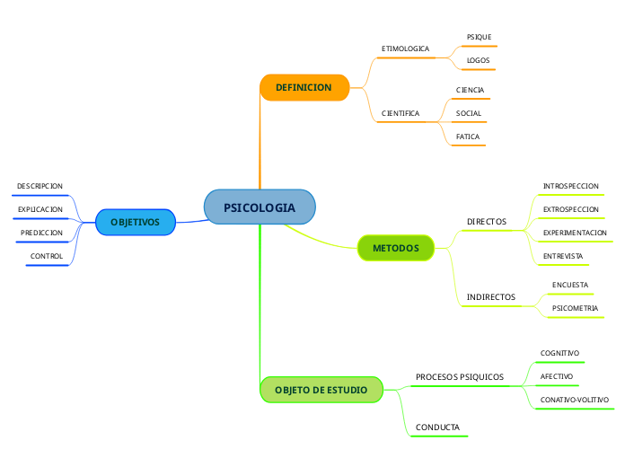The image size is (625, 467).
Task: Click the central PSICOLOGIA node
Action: click(259, 207)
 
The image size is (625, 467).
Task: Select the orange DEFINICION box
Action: click(304, 87)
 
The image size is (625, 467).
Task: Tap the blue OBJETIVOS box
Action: click(135, 222)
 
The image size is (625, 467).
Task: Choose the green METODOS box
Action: click(395, 247)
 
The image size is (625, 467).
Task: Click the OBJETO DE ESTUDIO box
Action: click(321, 390)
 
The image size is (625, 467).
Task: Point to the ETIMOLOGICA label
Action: click(405, 48)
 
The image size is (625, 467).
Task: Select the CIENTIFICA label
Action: click(401, 114)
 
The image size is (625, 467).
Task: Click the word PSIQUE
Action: click(479, 37)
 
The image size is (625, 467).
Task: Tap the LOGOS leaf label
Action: click(478, 61)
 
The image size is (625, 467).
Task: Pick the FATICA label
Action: click(468, 137)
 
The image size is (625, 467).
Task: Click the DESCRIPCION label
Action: click(40, 186)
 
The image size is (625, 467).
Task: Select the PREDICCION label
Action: click(41, 233)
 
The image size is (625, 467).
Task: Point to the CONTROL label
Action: click(47, 256)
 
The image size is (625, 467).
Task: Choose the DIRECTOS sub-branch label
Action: click(486, 221)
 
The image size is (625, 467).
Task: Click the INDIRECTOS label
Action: click(490, 296)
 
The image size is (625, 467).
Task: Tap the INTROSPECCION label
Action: click(570, 186)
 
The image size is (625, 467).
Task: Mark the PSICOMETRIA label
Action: click(575, 308)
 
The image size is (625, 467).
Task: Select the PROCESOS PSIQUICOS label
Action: click(459, 376)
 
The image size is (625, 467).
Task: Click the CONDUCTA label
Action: click(437, 427)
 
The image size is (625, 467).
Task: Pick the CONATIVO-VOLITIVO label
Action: click(574, 400)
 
